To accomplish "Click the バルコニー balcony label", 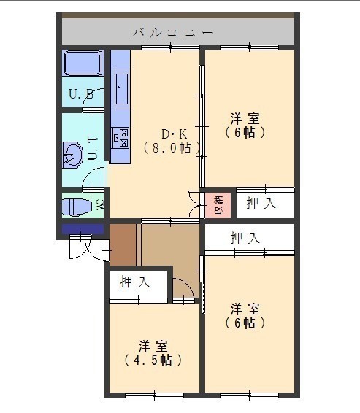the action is (x=172, y=33).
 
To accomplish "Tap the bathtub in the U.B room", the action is (x=83, y=63).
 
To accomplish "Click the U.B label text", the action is (x=81, y=94).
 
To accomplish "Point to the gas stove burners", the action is (x=120, y=137).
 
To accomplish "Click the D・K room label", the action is (x=174, y=134).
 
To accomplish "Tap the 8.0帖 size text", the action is (x=172, y=148).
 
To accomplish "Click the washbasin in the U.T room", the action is (x=72, y=155).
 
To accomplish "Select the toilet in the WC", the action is (x=77, y=207).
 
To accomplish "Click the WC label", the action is (x=100, y=204).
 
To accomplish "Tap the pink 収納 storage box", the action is (x=218, y=205).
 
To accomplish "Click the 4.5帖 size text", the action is (x=153, y=360).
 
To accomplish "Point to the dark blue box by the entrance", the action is (x=83, y=229).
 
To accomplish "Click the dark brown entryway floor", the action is (x=123, y=244).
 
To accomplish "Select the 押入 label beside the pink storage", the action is (x=261, y=203).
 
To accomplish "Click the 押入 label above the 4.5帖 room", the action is (x=134, y=282).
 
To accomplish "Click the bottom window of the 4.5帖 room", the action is (x=154, y=395).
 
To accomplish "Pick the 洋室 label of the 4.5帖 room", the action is (x=153, y=347).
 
